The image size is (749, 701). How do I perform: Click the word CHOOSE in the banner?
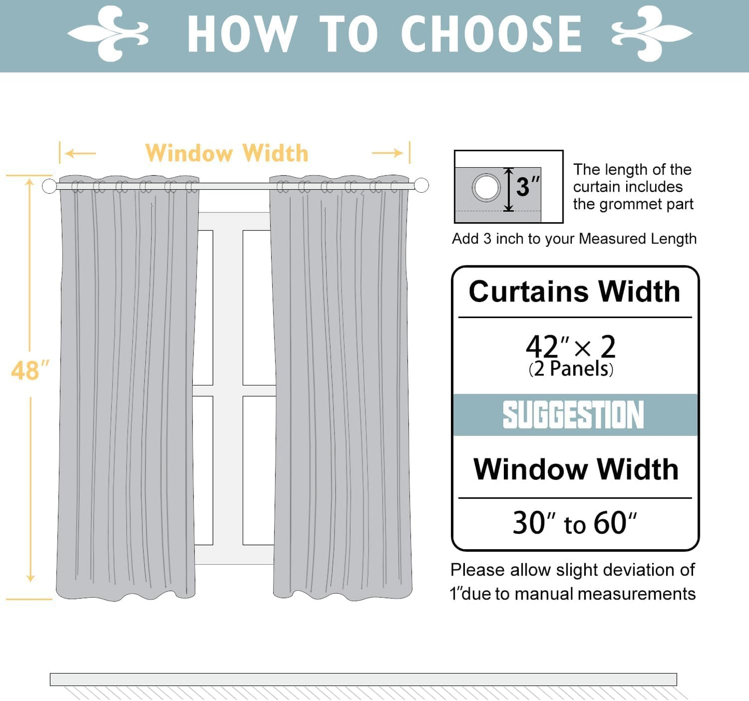click(491, 34)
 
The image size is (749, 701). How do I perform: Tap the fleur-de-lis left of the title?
click(108, 34)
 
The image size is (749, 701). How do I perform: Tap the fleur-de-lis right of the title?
click(652, 34)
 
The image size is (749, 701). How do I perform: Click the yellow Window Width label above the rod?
click(227, 153)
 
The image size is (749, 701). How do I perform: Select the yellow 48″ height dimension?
click(30, 371)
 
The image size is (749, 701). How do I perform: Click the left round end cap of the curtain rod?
click(49, 186)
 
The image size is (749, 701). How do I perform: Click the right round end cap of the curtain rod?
click(421, 185)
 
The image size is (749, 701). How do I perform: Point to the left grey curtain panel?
click(127, 389)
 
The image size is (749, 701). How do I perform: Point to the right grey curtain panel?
click(341, 389)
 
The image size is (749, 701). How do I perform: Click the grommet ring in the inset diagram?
click(486, 187)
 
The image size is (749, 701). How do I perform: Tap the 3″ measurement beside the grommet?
click(527, 187)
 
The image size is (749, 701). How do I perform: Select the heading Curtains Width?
click(574, 291)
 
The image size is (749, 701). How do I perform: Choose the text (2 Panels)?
click(571, 369)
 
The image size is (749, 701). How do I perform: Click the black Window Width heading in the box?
click(576, 469)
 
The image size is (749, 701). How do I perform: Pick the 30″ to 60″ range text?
click(574, 523)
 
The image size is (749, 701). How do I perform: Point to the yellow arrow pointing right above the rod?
click(387, 153)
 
